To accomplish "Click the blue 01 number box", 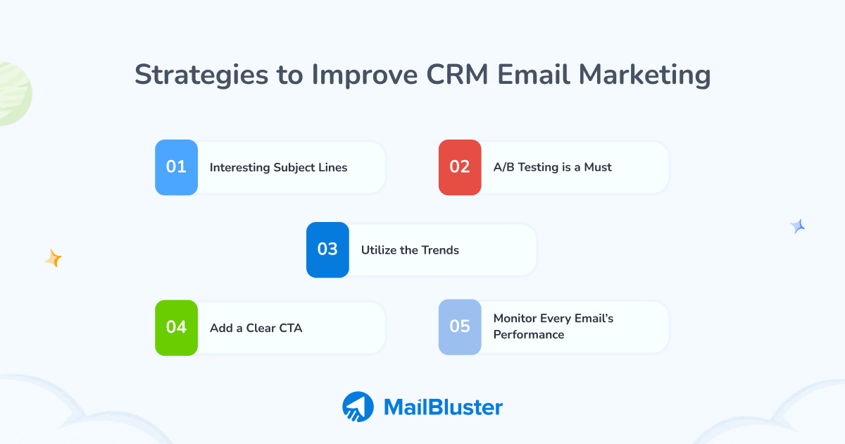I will click(176, 167).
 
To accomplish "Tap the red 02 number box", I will click(460, 167).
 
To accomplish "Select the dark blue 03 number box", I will click(327, 249).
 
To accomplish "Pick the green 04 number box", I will click(176, 328).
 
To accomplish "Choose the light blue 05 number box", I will click(460, 327).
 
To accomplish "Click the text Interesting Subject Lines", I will click(278, 168).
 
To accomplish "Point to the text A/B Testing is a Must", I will click(552, 168).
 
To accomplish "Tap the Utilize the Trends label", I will click(410, 250).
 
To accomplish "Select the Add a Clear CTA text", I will click(256, 328).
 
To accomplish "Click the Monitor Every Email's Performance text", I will click(553, 326).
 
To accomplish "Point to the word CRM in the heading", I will click(451, 75).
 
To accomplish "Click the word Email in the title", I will click(533, 75).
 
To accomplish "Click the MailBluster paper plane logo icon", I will click(358, 407).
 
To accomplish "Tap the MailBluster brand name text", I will click(443, 407).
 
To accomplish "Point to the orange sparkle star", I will click(54, 259).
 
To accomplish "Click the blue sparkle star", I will click(798, 226).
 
